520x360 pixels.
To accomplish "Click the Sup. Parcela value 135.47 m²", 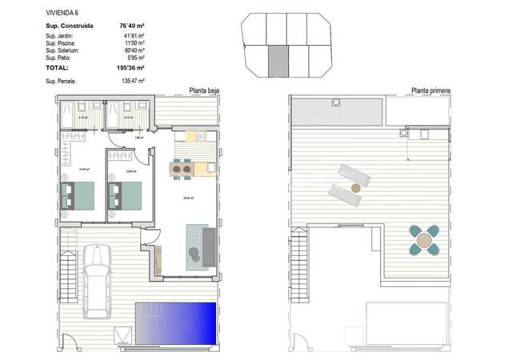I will tap(130, 82).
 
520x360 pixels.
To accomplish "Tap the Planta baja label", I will tap(203, 91).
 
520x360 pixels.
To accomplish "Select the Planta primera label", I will tap(430, 91).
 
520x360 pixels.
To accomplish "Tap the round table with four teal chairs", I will tap(423, 239).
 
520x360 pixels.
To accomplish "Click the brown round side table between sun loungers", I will tap(354, 189).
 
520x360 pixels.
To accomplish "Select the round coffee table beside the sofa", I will tap(194, 254).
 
